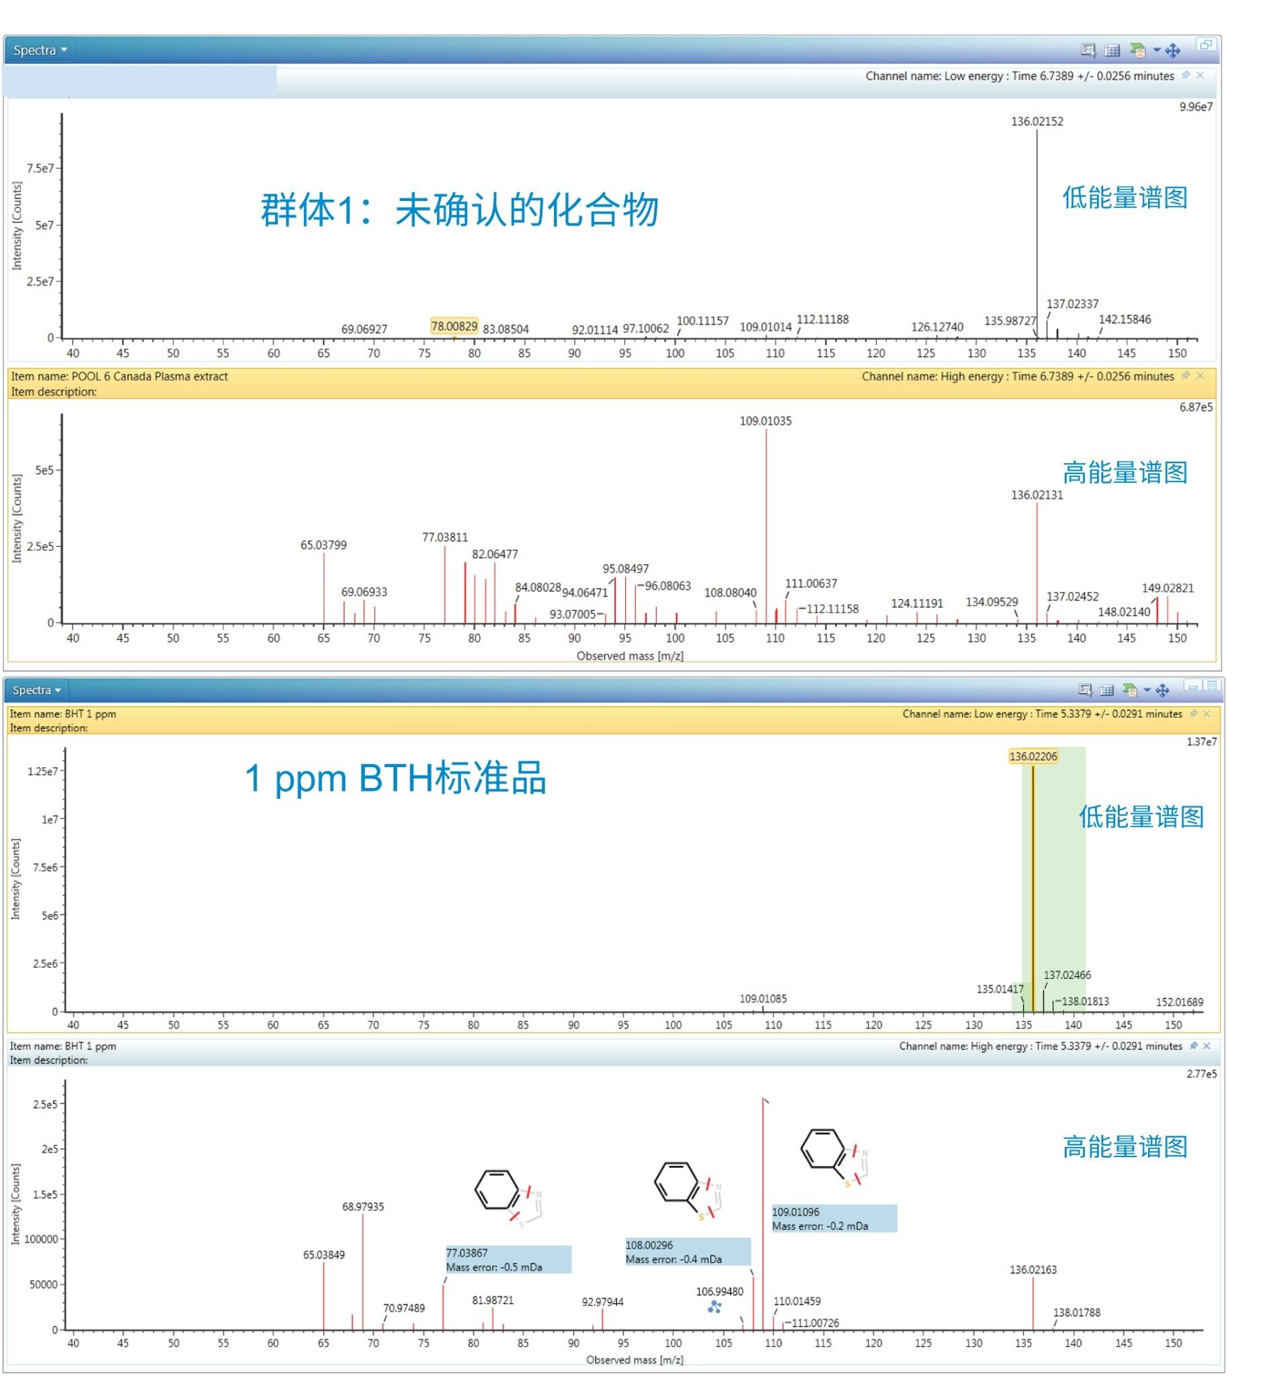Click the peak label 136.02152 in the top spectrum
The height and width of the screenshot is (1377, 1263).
(1036, 122)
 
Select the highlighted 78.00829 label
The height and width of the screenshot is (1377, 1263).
(454, 326)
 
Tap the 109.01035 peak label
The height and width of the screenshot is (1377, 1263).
(766, 421)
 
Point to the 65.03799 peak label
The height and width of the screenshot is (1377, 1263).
(323, 545)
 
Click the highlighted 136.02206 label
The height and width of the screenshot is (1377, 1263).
(1032, 756)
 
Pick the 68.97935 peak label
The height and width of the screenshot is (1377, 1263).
(363, 1207)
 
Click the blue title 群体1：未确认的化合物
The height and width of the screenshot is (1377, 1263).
(459, 209)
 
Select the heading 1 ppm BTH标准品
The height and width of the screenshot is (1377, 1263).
(395, 778)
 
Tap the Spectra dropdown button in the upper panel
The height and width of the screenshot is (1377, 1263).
(40, 50)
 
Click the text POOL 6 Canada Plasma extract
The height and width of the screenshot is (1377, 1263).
(149, 376)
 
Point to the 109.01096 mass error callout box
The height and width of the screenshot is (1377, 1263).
(833, 1218)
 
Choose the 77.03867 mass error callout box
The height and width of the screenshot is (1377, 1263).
(507, 1259)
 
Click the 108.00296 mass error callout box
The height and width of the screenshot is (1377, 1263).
(688, 1252)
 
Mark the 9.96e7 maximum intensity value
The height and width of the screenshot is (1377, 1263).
(1195, 107)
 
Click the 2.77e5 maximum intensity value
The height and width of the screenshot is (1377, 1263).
(1200, 1074)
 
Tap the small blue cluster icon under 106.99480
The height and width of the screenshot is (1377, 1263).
(715, 1307)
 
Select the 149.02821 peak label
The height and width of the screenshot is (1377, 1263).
(1168, 588)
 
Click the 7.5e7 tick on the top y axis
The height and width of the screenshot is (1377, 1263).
(40, 168)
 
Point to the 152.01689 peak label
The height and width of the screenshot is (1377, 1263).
(1179, 1002)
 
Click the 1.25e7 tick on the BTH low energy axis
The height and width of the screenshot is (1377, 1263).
(42, 771)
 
